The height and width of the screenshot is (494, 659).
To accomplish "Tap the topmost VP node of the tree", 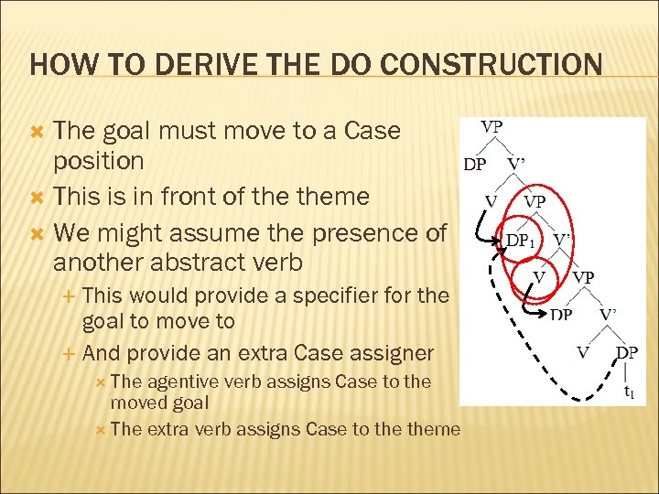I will pyautogui.click(x=492, y=127).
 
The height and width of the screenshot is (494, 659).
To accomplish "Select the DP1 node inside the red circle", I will pyautogui.click(x=521, y=242).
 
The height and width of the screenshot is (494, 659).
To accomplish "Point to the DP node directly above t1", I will pyautogui.click(x=627, y=352).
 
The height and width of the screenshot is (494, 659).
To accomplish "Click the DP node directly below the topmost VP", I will pyautogui.click(x=475, y=165).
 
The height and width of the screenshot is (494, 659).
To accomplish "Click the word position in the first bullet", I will pyautogui.click(x=98, y=161).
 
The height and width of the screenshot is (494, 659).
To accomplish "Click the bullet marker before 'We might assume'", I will pyautogui.click(x=38, y=232).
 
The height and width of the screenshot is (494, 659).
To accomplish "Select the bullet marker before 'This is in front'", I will pyautogui.click(x=38, y=197).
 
